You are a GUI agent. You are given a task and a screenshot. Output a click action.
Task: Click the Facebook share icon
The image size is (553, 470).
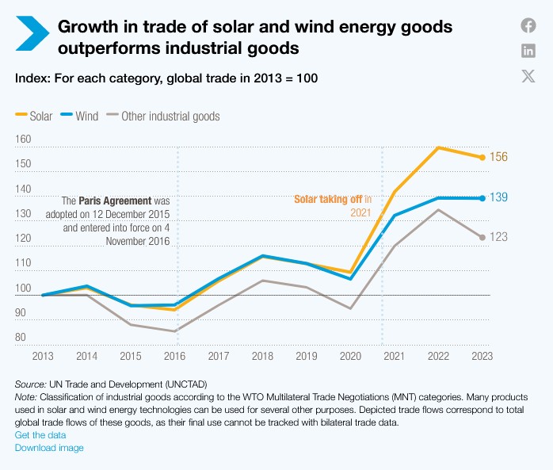click(528, 25)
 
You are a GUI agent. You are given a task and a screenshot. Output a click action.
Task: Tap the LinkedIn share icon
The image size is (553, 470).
click(528, 51)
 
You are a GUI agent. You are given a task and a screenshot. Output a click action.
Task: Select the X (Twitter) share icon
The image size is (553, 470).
click(528, 76)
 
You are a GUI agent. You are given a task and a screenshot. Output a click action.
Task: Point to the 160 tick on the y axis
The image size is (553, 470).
click(23, 139)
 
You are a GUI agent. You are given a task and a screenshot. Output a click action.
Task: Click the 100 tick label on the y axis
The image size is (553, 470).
click(23, 288)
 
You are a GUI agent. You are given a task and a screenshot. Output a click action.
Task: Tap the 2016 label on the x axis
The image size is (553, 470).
click(176, 356)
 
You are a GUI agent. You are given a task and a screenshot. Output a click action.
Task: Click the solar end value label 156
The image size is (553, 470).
click(498, 157)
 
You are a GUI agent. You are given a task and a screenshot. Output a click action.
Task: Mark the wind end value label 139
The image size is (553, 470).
click(498, 197)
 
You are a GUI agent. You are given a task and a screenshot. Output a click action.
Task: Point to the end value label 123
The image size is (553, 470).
click(498, 237)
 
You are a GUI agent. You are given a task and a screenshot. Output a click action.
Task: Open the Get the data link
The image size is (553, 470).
click(40, 435)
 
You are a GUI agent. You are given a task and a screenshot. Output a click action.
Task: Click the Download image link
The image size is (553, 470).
click(49, 448)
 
